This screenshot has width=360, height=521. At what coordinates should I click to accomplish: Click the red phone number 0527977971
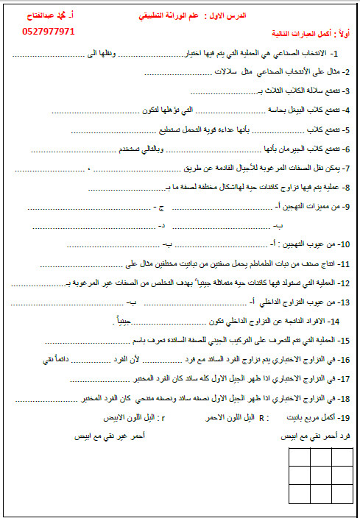click(x=49, y=32)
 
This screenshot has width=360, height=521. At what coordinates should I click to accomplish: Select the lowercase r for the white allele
click(x=163, y=417)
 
